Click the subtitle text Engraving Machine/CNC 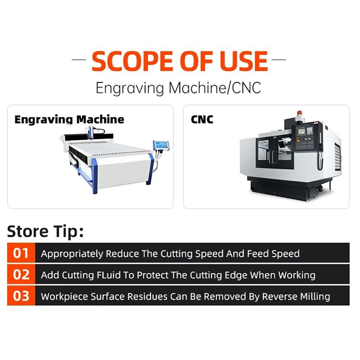coord(178,87)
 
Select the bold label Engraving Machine coord(69,120)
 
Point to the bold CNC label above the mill coord(202,120)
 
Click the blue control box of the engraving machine coord(161,145)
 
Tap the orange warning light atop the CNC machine coord(298,114)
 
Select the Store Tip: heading coord(45,231)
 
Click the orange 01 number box coord(21,253)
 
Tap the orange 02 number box coord(21,275)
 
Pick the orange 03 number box coord(21,296)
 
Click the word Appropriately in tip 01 coord(72,254)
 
